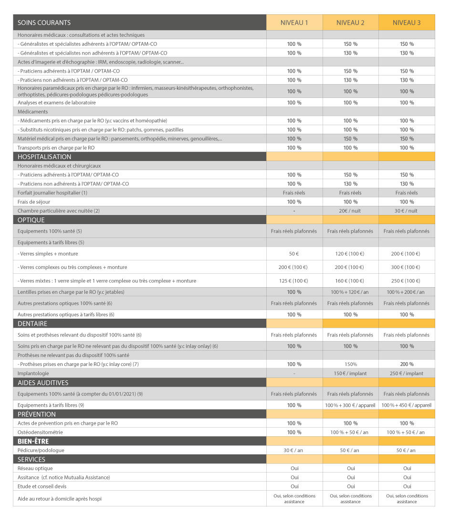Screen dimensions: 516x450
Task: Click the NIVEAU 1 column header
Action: pyautogui.click(x=294, y=22)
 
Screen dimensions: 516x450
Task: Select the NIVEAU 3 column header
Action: pyautogui.click(x=407, y=22)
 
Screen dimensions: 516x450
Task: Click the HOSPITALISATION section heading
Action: pyautogui.click(x=44, y=157)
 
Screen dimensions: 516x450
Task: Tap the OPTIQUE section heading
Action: pyautogui.click(x=31, y=220)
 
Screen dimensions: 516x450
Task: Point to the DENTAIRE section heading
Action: pyautogui.click(x=32, y=323)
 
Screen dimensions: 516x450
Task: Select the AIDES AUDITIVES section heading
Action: pyautogui.click(x=43, y=383)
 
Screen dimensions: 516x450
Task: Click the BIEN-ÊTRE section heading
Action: pyautogui.click(x=33, y=441)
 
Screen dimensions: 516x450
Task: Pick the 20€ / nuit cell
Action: pyautogui.click(x=350, y=211)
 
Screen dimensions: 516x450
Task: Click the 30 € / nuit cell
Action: pyautogui.click(x=407, y=211)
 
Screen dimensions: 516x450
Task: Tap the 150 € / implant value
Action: pyautogui.click(x=350, y=373)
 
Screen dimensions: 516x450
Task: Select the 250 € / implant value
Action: pyautogui.click(x=407, y=373)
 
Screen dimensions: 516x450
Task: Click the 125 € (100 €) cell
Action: pyautogui.click(x=294, y=280)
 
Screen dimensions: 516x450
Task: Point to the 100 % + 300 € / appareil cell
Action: pyautogui.click(x=350, y=405)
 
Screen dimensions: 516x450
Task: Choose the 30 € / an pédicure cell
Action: pyautogui.click(x=294, y=450)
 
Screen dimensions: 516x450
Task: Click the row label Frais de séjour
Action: pyautogui.click(x=34, y=202)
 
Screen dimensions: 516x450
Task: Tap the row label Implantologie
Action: pyautogui.click(x=33, y=373)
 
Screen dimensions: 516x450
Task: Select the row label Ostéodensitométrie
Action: pyautogui.click(x=40, y=432)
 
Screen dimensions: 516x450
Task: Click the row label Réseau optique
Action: pyautogui.click(x=35, y=468)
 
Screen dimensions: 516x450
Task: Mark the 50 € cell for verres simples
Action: pyautogui.click(x=294, y=254)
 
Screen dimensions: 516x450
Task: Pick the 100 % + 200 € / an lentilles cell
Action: pyautogui.click(x=407, y=292)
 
